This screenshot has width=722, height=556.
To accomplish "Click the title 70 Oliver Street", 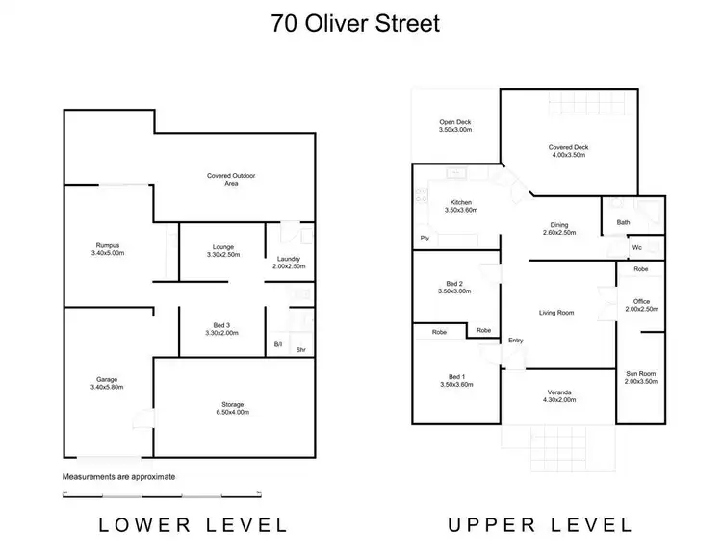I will pos(356,23).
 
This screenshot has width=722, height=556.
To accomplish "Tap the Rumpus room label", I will pos(107,248).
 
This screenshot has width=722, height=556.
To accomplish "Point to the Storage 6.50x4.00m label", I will pos(233,408).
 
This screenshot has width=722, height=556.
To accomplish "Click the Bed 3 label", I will pos(221,328).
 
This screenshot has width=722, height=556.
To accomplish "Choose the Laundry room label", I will pos(289,263).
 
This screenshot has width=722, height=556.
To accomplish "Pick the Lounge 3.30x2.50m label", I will pos(222,251).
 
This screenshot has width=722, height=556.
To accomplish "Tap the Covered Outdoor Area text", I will pos(237,179).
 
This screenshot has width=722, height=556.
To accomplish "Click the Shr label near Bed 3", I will pos(301,348).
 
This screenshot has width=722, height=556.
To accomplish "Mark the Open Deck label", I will pos(454,125).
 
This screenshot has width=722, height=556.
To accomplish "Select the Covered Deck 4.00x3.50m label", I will pos(569,151).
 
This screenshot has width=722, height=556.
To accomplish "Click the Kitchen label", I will pos(461,206).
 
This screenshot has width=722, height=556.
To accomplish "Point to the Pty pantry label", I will pos(423,238).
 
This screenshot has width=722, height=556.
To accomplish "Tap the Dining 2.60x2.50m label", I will pos(558,228).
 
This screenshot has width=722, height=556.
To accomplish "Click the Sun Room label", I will pos(640,378).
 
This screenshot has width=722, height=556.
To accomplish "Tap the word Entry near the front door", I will pos(515,340).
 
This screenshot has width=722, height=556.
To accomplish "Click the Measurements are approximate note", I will pos(119,477).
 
